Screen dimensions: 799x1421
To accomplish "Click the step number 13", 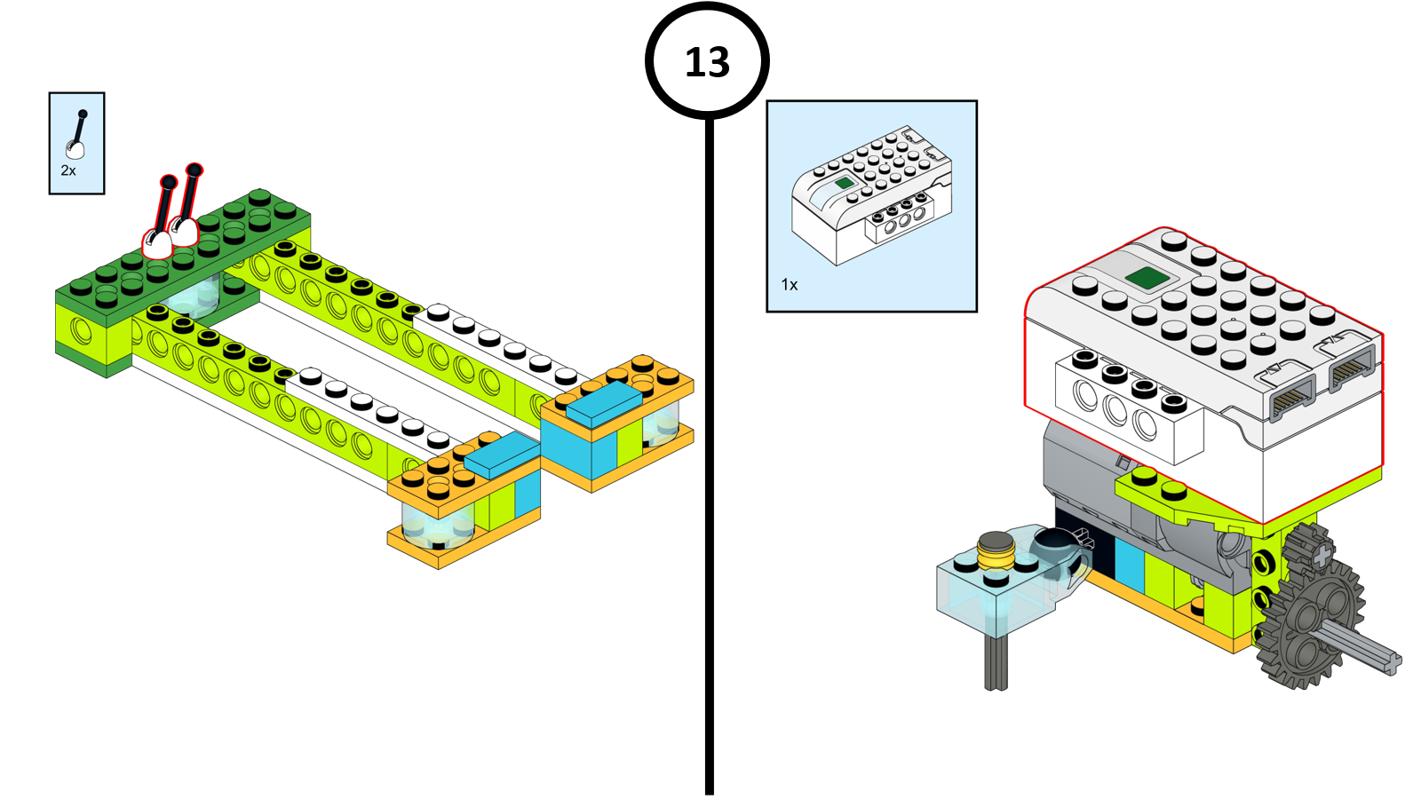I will (707, 62).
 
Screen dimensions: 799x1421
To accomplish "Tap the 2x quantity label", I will (68, 170).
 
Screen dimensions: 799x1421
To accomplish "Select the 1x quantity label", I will (790, 284).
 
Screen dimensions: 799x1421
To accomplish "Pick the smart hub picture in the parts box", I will (871, 195).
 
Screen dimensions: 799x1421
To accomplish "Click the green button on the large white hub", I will (1147, 278).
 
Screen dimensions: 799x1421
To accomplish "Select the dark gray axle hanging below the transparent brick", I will (996, 662).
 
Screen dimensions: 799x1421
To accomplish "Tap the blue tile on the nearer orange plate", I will (501, 455).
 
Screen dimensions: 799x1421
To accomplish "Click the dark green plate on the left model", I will (178, 257).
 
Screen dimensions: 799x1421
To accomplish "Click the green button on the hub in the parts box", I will (844, 182).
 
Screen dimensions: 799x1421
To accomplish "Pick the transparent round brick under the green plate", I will (195, 297).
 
